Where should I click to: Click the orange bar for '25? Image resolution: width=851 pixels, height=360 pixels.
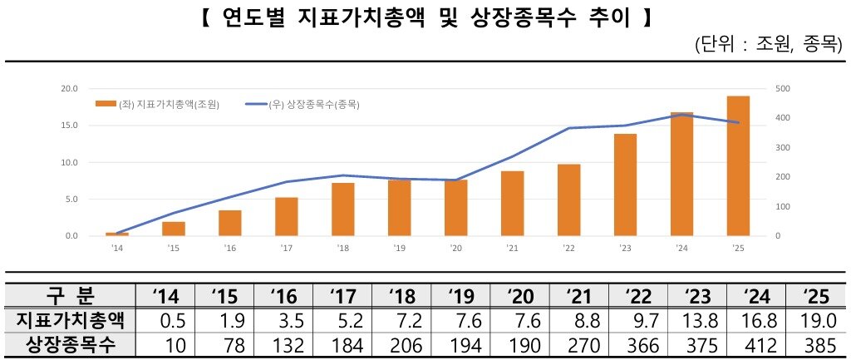[x=738, y=166]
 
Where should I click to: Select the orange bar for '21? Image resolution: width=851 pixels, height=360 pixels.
[x=512, y=204]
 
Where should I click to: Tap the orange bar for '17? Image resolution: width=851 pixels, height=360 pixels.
[x=286, y=217]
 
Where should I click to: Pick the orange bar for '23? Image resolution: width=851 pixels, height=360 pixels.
[x=625, y=185]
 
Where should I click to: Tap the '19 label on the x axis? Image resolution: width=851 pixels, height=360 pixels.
[x=399, y=248]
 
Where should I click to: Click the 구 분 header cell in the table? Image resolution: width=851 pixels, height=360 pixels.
[x=71, y=295]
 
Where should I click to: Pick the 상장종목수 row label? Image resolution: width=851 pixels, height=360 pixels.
[x=71, y=344]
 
